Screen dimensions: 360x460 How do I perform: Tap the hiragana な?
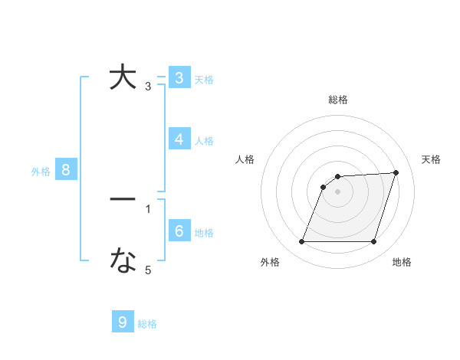pyautogui.click(x=123, y=261)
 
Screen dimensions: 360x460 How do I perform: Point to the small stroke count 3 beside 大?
pyautogui.click(x=148, y=87)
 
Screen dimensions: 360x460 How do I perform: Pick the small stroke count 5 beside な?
pyautogui.click(x=148, y=270)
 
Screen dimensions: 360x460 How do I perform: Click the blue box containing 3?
pyautogui.click(x=179, y=78)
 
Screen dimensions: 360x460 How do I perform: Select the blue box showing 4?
pyautogui.click(x=179, y=139)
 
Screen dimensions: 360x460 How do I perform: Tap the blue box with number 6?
pyautogui.click(x=179, y=231)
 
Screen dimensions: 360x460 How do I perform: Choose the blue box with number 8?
pyautogui.click(x=66, y=170)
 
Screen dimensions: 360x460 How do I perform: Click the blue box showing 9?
pyautogui.click(x=123, y=322)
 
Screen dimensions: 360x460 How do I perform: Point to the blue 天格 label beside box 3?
pyautogui.click(x=204, y=79)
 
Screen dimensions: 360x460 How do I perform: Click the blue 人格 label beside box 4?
pyautogui.click(x=204, y=140)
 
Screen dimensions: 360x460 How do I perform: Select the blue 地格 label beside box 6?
pyautogui.click(x=204, y=232)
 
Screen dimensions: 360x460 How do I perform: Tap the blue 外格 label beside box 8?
pyautogui.click(x=41, y=172)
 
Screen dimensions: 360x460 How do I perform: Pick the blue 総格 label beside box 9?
pyautogui.click(x=147, y=324)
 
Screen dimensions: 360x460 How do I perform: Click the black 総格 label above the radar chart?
pyautogui.click(x=338, y=100)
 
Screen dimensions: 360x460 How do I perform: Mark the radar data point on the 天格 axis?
pyautogui.click(x=396, y=172)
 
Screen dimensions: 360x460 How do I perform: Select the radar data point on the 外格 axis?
pyautogui.click(x=301, y=242)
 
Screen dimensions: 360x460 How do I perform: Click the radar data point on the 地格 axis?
pyautogui.click(x=374, y=242)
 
